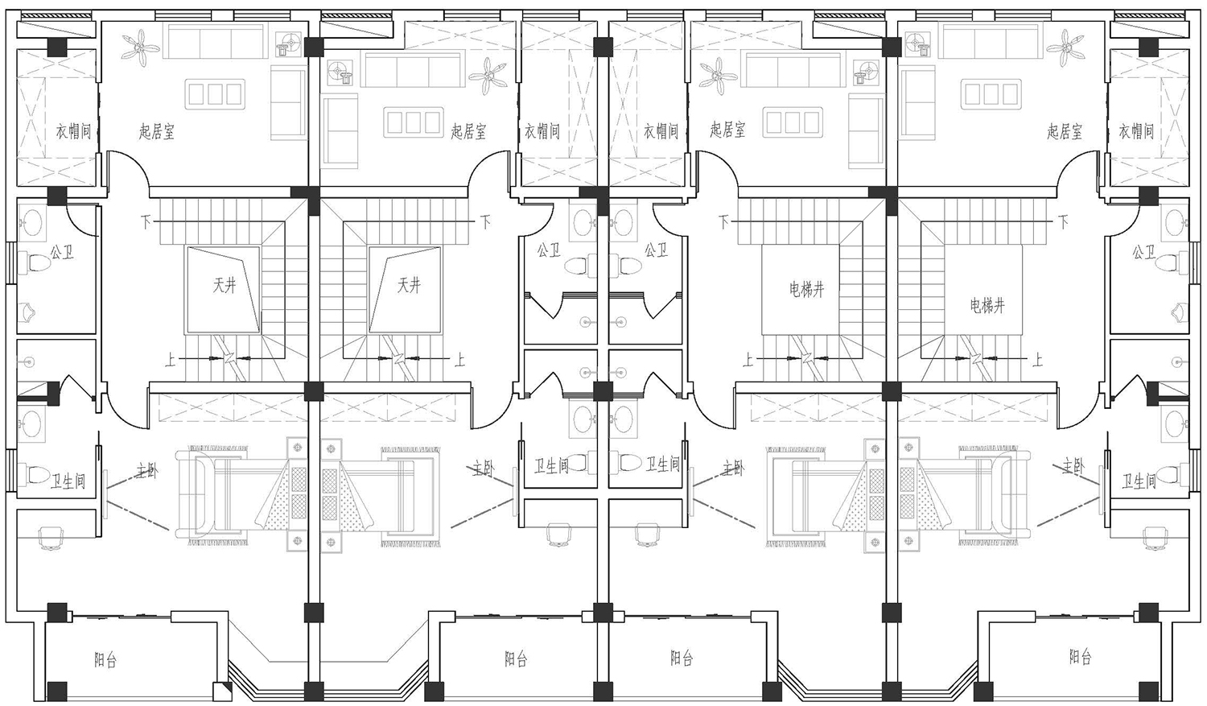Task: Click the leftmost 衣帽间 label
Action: click(x=74, y=131)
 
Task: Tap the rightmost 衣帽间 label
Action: click(x=1136, y=131)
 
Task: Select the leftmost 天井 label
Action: click(x=225, y=286)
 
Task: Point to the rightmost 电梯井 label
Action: click(x=987, y=306)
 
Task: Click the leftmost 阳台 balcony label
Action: click(x=105, y=660)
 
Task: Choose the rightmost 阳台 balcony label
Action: click(x=1081, y=657)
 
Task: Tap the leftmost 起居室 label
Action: click(x=156, y=131)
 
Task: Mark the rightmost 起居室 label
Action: click(x=1065, y=131)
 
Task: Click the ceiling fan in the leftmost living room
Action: click(x=141, y=47)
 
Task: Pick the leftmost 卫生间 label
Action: click(x=68, y=481)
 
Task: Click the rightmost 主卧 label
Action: click(x=1073, y=465)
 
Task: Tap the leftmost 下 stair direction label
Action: click(x=146, y=221)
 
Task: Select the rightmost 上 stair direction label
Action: click(x=1037, y=360)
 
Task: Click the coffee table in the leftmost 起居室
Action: click(x=215, y=94)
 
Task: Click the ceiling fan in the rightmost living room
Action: click(x=1066, y=47)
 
